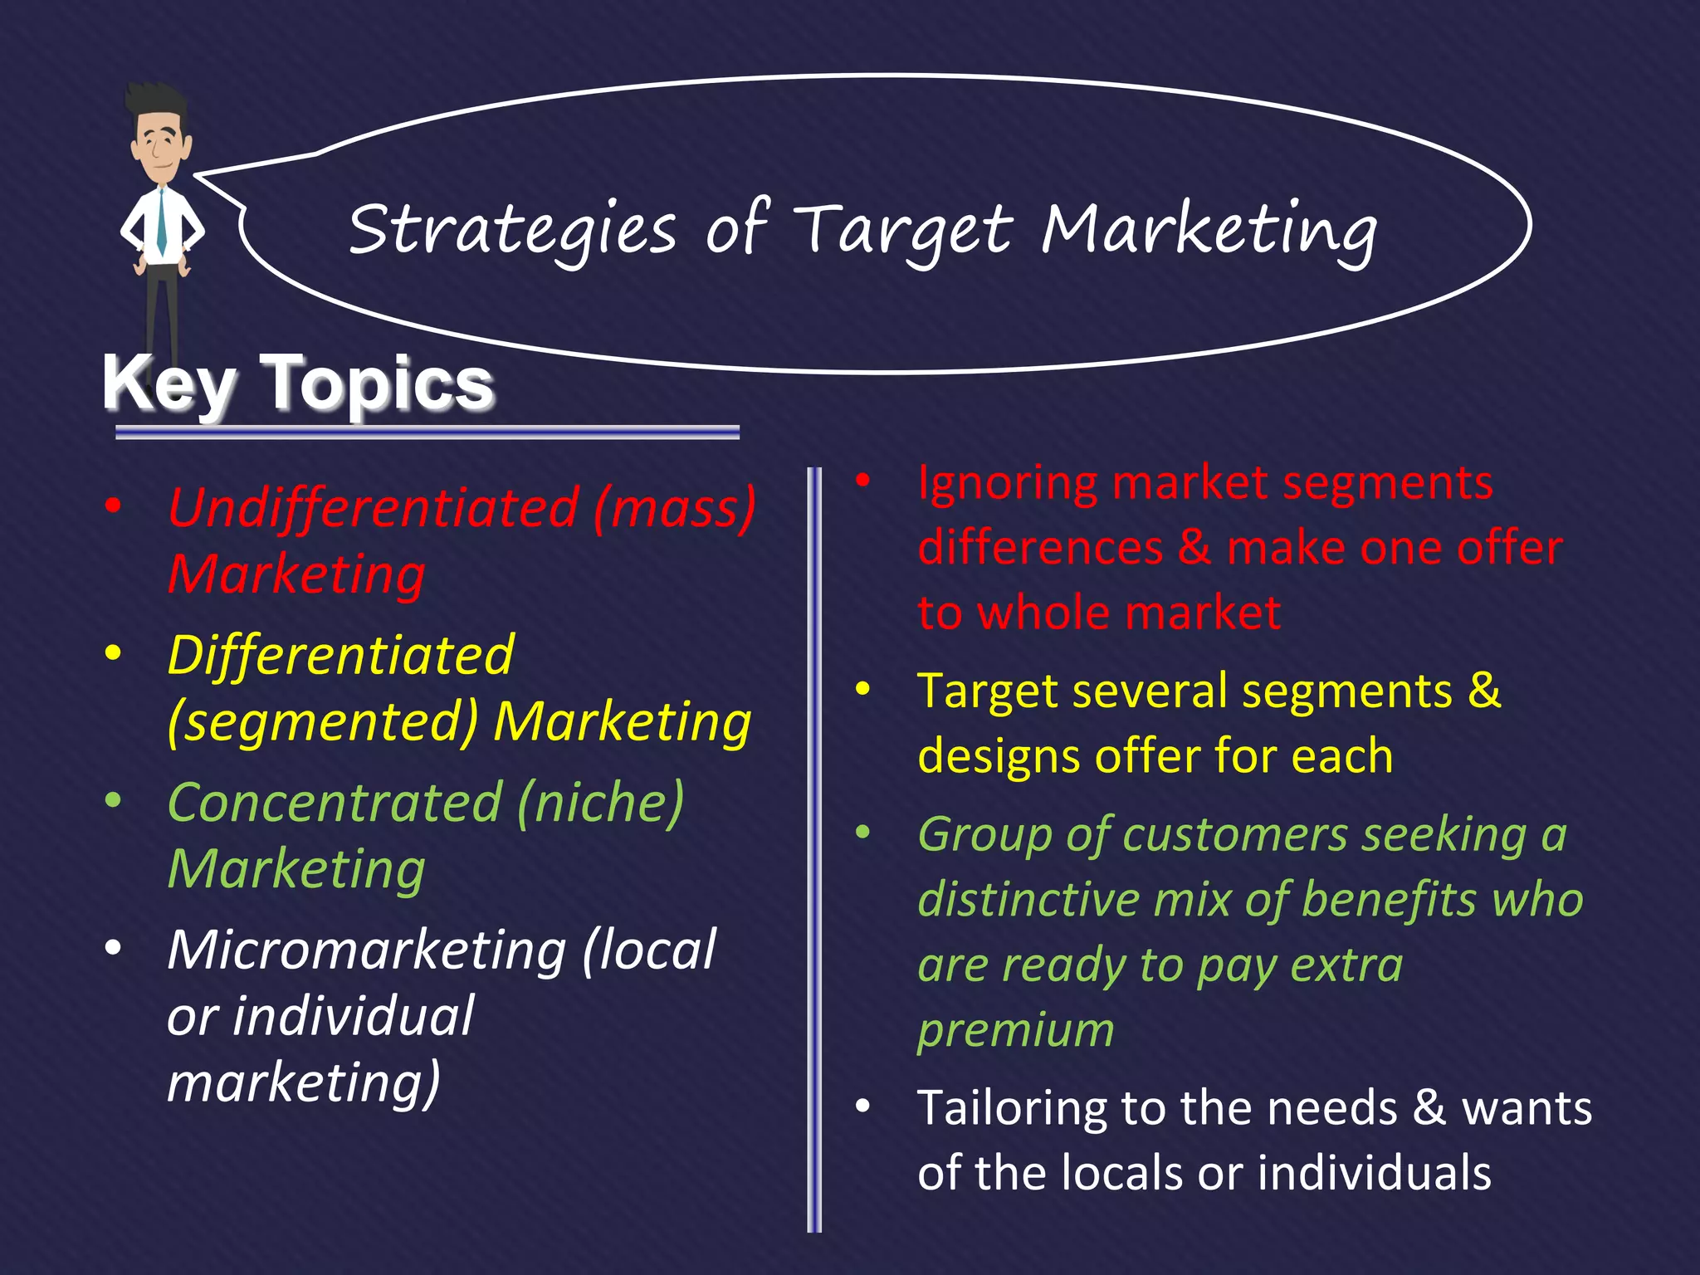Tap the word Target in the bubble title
click(903, 230)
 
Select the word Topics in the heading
click(378, 383)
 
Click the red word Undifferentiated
click(373, 507)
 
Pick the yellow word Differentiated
click(341, 655)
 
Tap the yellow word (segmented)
click(322, 721)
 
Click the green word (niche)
click(600, 803)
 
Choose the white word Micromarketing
click(366, 950)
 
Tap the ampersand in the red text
click(1194, 548)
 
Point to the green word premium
click(1015, 1030)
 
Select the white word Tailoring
click(1012, 1108)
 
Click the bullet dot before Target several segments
click(863, 689)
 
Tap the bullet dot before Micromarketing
click(114, 947)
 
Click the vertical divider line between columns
click(814, 847)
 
